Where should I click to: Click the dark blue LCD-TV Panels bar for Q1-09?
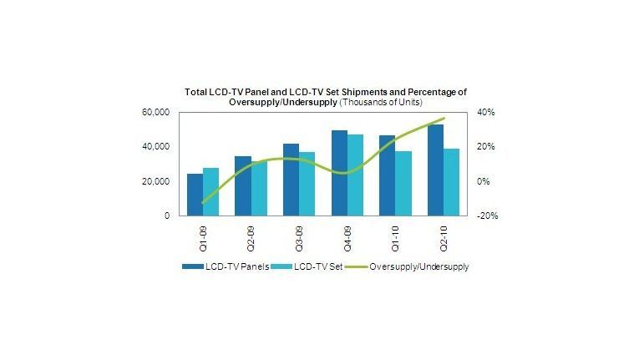point(195,195)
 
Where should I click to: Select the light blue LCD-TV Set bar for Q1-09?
point(210,191)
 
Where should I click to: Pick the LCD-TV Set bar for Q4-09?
point(355,175)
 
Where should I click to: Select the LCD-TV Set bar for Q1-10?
point(403,183)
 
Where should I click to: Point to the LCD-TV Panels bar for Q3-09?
point(291,180)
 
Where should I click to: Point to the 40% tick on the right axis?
point(487,112)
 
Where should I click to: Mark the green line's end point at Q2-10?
point(444,119)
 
